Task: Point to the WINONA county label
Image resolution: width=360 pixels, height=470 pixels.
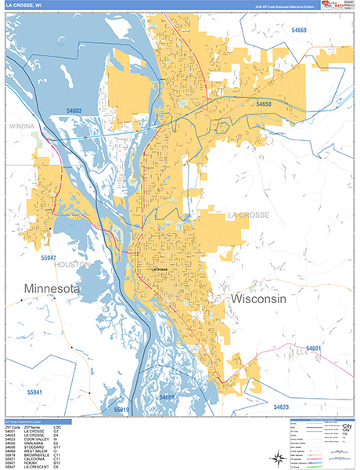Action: [x=23, y=125]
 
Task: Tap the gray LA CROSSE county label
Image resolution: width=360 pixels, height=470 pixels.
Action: [x=248, y=215]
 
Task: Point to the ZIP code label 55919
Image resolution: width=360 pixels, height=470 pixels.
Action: [x=121, y=409]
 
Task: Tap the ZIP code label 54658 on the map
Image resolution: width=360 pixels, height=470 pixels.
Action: [x=167, y=397]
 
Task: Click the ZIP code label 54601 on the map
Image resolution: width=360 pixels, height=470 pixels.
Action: [x=314, y=347]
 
